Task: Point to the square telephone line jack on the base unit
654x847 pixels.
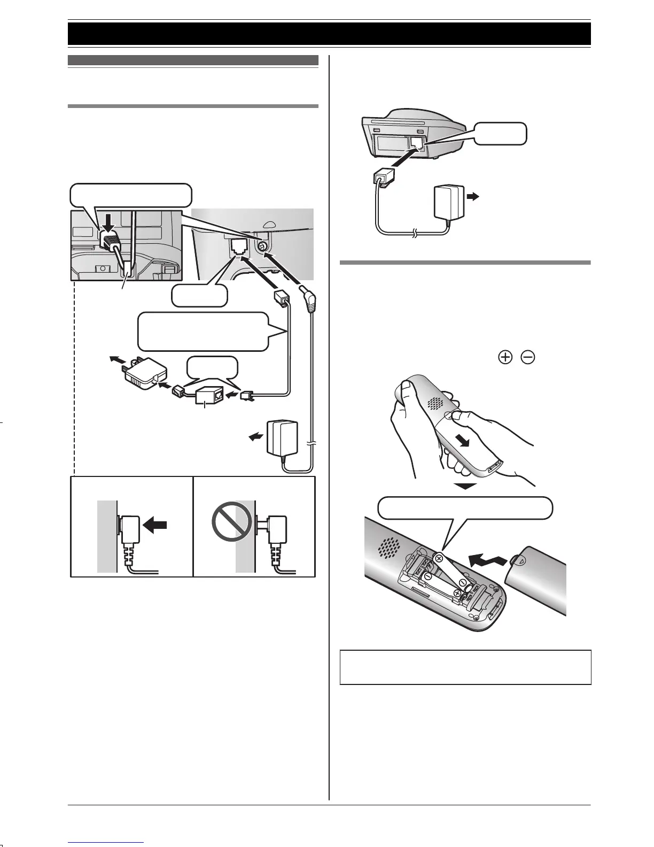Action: tap(237, 247)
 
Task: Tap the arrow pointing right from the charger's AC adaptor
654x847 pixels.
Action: tap(472, 197)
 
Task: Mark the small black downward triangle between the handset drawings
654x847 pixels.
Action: tap(468, 487)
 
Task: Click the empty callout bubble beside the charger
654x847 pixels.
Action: tap(500, 134)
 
